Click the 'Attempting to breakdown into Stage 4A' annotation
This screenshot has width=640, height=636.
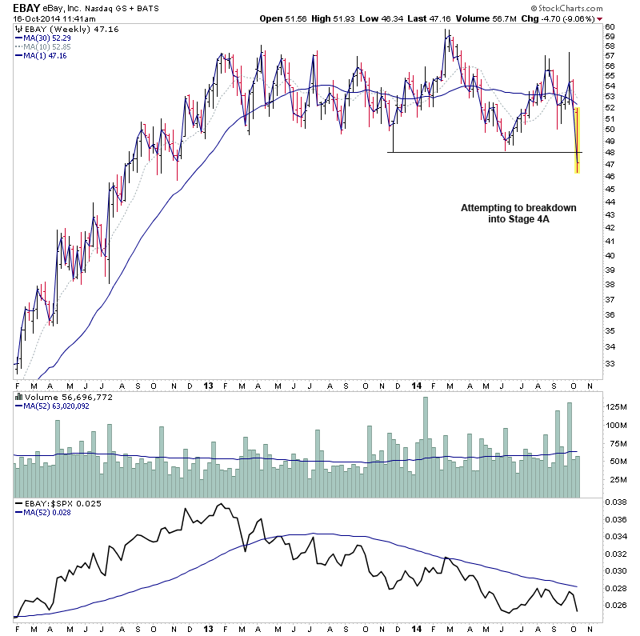[x=518, y=214]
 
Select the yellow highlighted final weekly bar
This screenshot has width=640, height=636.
[x=578, y=140]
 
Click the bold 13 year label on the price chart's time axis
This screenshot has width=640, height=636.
[x=206, y=385]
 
